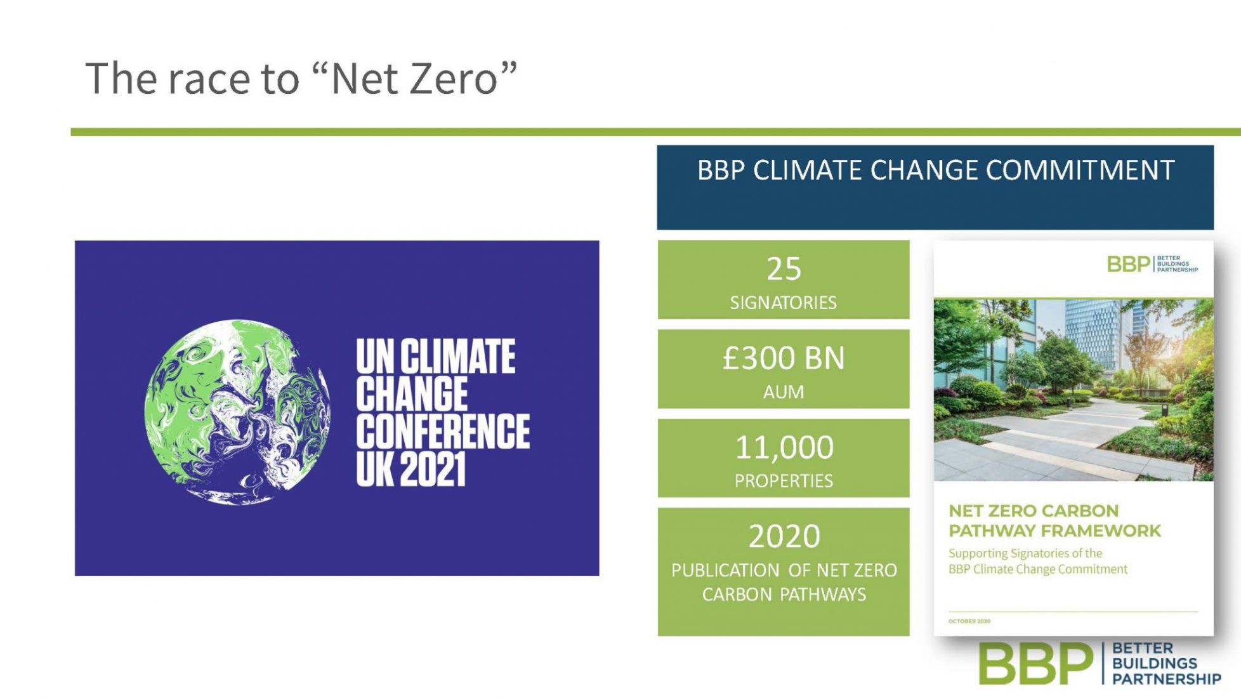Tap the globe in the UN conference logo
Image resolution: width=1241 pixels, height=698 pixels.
237,412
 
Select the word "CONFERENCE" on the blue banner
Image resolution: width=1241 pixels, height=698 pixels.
443,431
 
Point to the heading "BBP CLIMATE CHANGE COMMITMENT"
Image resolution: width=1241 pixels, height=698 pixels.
936,170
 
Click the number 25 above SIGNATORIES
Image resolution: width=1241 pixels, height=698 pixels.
784,269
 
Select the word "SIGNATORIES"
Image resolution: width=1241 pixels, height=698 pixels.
784,303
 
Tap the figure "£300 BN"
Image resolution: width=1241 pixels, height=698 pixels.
784,358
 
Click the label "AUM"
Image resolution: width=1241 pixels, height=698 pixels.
784,392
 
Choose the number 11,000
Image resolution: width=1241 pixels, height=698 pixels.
784,447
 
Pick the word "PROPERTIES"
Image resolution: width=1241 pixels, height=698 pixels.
784,481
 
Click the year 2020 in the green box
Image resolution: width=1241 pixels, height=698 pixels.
784,536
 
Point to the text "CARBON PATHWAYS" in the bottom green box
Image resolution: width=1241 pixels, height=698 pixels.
784,595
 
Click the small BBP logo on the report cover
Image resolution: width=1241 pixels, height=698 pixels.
1152,264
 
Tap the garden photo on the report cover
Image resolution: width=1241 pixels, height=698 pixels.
1074,390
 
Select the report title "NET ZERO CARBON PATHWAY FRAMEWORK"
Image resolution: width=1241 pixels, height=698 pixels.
1054,521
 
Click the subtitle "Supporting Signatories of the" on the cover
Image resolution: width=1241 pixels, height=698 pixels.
1025,553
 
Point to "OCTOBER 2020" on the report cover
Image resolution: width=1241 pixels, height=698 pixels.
969,621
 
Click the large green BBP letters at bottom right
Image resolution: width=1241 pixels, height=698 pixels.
1036,664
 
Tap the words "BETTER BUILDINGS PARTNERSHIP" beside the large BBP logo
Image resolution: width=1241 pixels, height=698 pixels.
1167,664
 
